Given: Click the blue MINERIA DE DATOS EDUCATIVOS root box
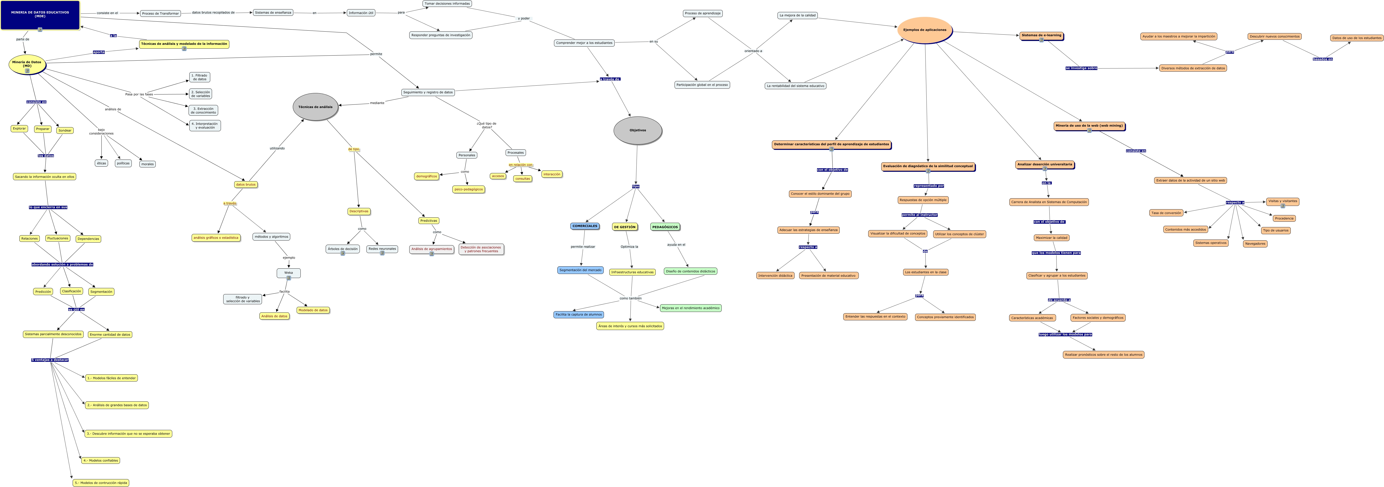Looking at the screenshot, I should coord(40,15).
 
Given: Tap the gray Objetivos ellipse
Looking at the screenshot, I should coord(638,130).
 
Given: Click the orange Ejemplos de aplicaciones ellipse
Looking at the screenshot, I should coord(925,30).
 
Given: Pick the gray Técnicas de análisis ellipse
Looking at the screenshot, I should coord(315,107).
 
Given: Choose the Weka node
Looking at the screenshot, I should coord(288,273).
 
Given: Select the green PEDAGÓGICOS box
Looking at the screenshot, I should coord(665,227).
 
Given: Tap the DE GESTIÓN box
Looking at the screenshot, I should coord(624,227).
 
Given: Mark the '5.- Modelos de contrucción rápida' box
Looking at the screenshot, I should coord(101,483).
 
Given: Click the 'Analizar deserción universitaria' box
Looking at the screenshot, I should coord(1045,164).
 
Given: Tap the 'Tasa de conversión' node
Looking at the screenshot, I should coord(1166,213).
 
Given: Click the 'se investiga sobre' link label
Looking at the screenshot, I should coord(1082,68).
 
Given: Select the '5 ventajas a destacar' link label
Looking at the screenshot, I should coord(50,360).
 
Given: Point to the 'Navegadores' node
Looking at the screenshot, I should coord(1255,244).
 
